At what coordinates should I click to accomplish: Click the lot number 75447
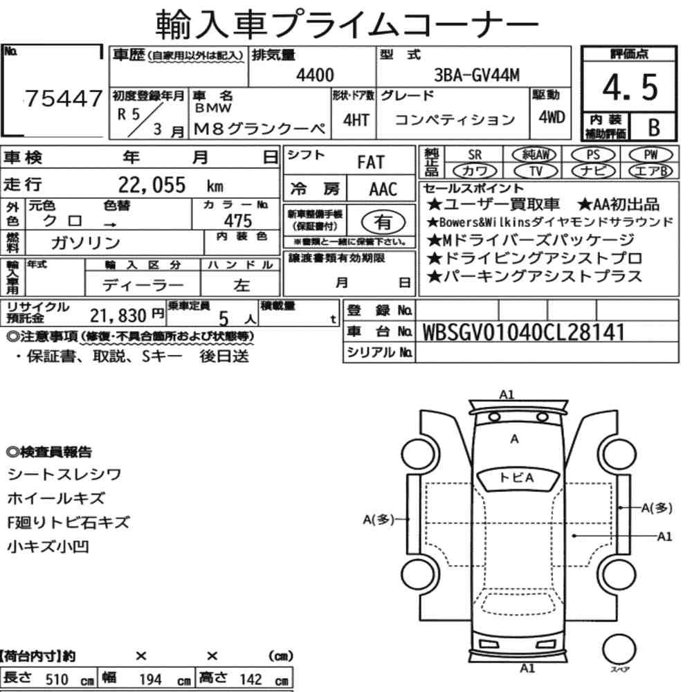tap(64, 98)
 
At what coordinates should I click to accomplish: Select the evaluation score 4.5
tap(630, 87)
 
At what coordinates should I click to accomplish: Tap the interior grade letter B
tap(654, 127)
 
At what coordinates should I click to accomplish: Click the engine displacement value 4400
tap(315, 75)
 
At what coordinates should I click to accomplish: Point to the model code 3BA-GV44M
tap(477, 75)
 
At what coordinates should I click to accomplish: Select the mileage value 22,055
tap(152, 185)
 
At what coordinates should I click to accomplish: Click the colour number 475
tap(238, 220)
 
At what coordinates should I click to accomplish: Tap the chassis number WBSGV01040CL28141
tap(524, 332)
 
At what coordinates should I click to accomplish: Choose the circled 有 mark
tap(383, 222)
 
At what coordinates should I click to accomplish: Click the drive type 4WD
tap(552, 118)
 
